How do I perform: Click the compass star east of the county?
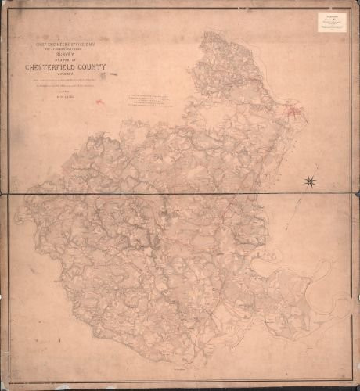[311, 182]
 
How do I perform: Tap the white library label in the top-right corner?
[332, 23]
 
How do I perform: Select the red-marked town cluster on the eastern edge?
[294, 114]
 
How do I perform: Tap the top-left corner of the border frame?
[9, 9]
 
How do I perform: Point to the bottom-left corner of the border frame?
[9, 382]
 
